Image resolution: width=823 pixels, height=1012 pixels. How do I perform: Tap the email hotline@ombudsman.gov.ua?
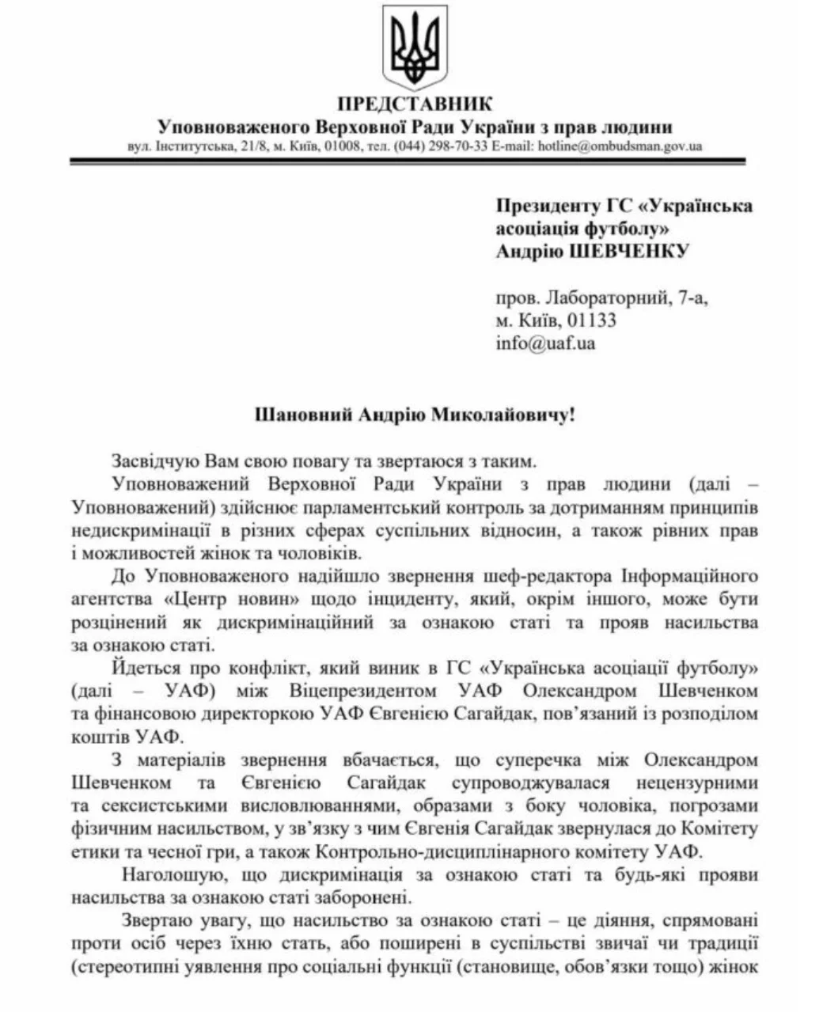[x=620, y=146]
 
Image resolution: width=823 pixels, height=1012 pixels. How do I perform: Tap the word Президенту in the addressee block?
[x=546, y=207]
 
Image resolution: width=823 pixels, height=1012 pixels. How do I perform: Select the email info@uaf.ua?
[x=545, y=343]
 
